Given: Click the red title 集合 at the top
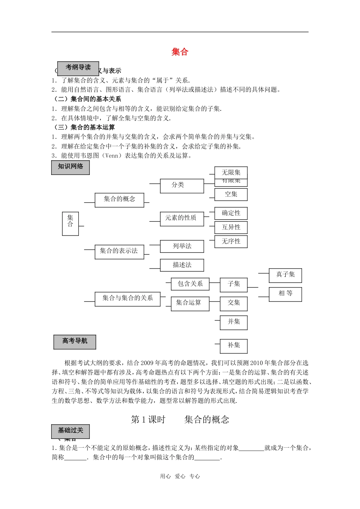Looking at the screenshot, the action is point(180,52).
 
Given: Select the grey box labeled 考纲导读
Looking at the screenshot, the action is point(78,68).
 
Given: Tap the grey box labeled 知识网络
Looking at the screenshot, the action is point(70,167).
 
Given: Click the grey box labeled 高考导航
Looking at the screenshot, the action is point(75,342).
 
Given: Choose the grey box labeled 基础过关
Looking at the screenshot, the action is point(70,431).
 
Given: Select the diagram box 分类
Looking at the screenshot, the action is point(182,186).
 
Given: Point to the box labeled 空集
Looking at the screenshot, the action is point(231,195).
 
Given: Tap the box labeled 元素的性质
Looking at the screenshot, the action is point(182,219).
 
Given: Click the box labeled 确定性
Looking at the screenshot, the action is point(231,213).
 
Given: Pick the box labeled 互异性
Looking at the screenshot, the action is point(231,227).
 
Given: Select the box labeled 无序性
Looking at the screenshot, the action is point(231,242).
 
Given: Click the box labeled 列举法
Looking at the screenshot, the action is point(182,246).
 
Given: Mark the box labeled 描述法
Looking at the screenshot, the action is point(182,265).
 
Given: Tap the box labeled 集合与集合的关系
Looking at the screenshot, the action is point(127,299).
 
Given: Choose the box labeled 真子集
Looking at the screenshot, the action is point(285,275).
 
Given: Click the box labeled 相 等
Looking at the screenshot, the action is point(285,294).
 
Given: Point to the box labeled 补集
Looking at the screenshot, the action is point(234,346).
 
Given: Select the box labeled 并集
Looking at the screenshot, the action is point(234,322).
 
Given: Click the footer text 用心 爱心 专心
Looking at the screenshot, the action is point(180,476).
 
